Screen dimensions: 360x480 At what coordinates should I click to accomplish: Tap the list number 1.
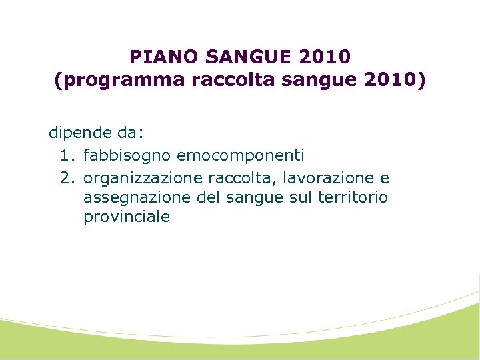[65, 155]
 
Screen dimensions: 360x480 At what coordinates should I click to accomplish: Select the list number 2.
[65, 178]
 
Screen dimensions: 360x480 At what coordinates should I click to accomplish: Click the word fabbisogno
[127, 156]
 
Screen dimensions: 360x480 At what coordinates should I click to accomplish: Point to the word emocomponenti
[241, 155]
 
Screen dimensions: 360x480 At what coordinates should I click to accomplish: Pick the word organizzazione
[143, 178]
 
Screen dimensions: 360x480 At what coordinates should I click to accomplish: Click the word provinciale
[127, 217]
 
